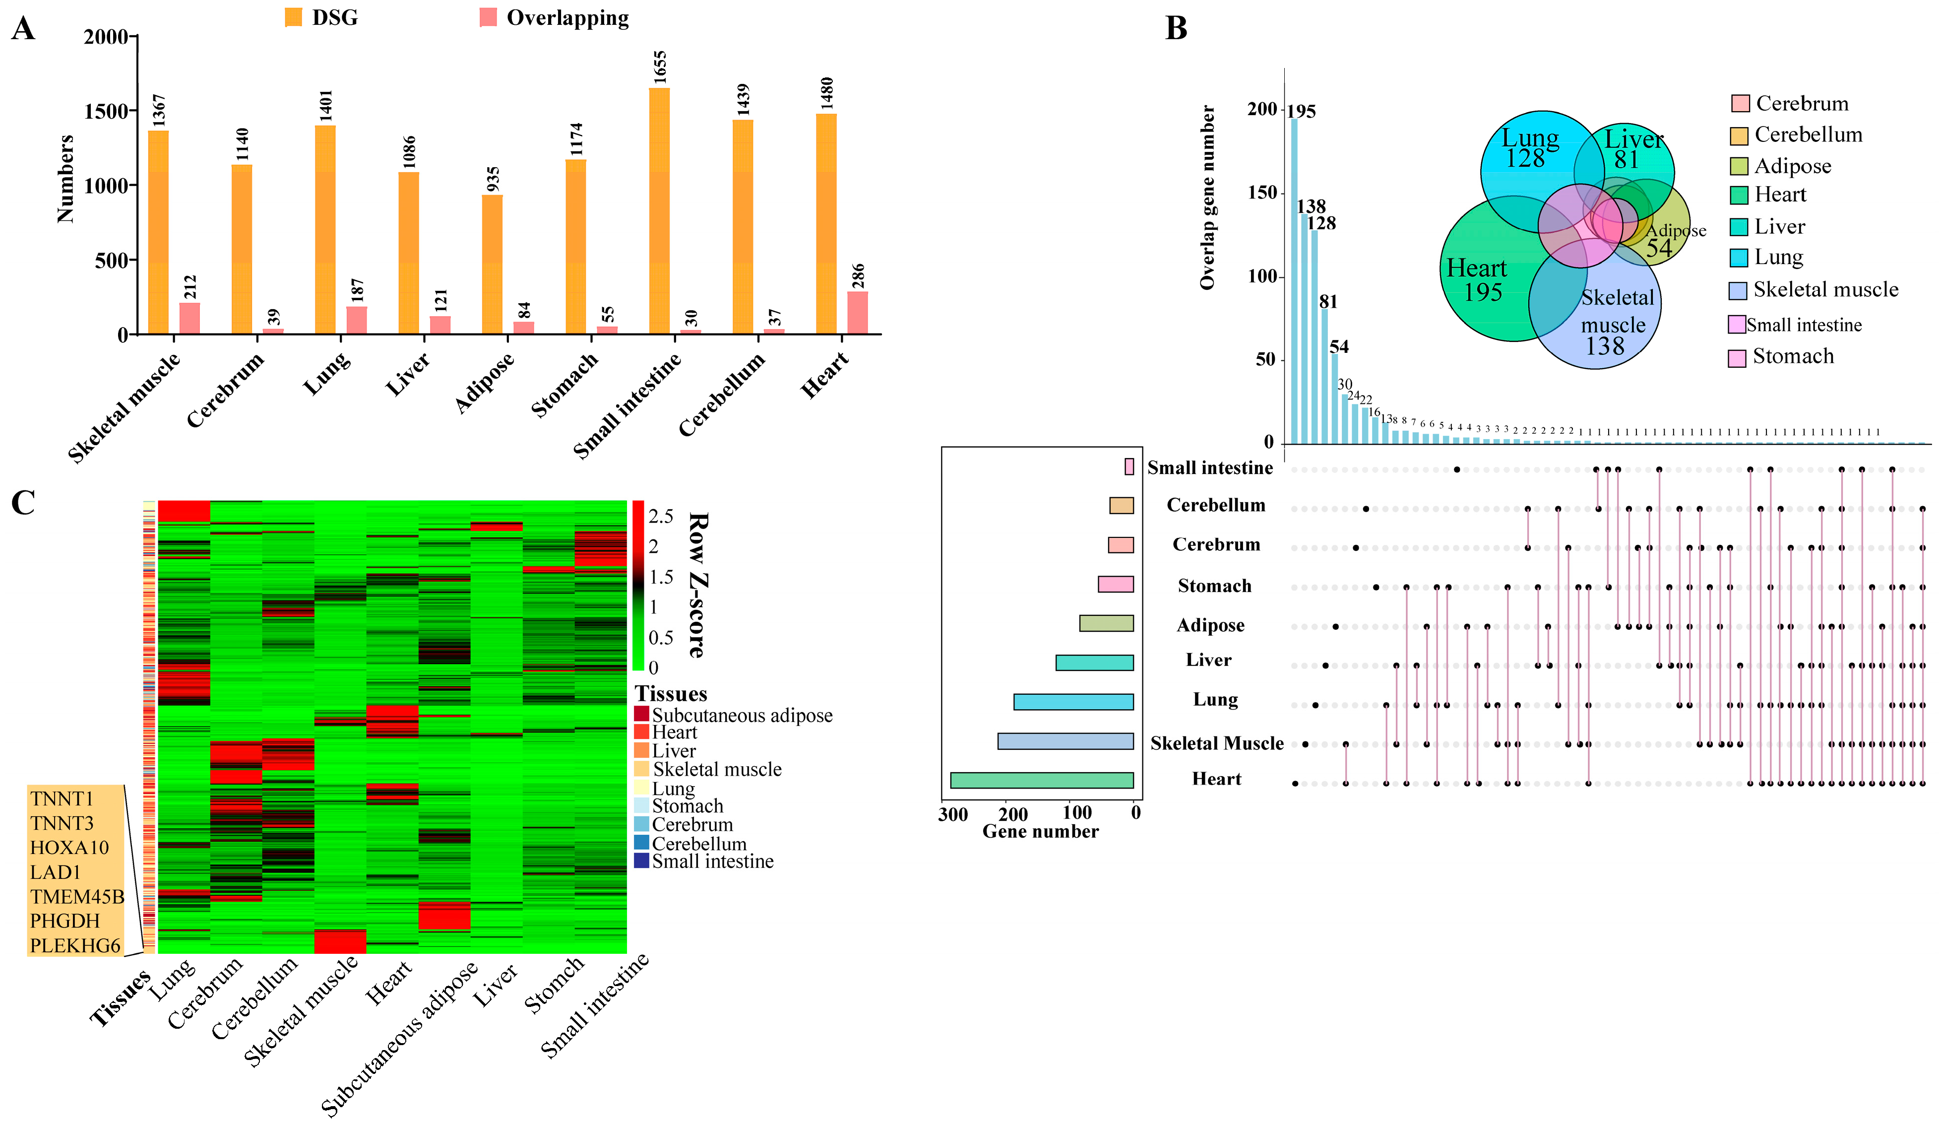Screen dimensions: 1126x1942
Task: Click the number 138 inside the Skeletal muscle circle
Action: [x=1605, y=346]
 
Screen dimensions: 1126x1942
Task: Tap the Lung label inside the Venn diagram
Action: [x=1530, y=139]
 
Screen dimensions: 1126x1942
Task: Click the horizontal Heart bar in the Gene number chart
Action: [x=1041, y=780]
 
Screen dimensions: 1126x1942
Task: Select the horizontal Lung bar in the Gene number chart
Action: [x=1073, y=701]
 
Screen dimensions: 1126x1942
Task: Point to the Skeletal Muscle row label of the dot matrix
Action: [x=1216, y=743]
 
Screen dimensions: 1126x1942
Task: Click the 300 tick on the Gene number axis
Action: [x=952, y=814]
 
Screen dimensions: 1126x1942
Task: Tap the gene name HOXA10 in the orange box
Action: [x=69, y=848]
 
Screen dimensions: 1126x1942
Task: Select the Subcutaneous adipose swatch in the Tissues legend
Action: [x=641, y=714]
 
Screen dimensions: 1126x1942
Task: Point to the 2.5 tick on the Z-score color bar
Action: [x=660, y=516]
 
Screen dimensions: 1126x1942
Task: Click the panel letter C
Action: [x=23, y=503]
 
